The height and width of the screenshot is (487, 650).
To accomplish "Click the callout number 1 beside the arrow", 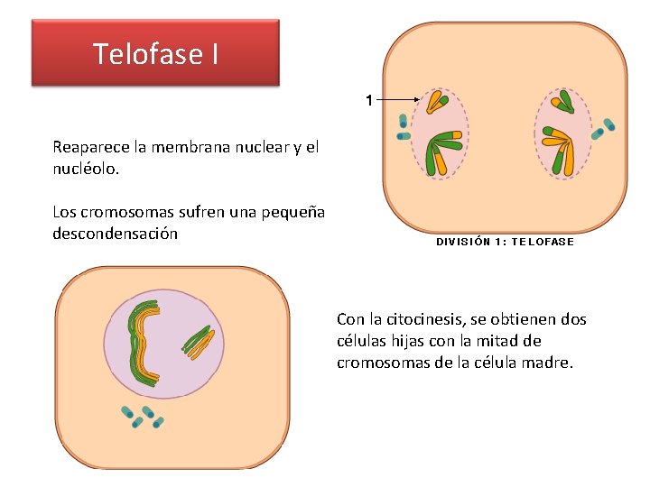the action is coord(368,98).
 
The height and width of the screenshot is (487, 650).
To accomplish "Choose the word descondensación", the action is coord(115,234).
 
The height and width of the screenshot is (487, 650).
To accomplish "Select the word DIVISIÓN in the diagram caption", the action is coord(464,241).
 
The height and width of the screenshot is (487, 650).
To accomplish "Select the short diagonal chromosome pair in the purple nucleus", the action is coord(199,340).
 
